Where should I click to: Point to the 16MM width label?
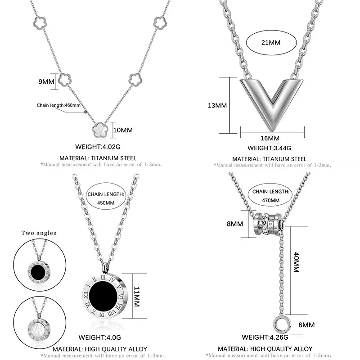(270, 138)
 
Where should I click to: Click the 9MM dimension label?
(46, 81)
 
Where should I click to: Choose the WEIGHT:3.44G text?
(270, 148)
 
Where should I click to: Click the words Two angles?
(39, 233)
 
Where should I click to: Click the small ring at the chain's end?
(280, 324)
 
